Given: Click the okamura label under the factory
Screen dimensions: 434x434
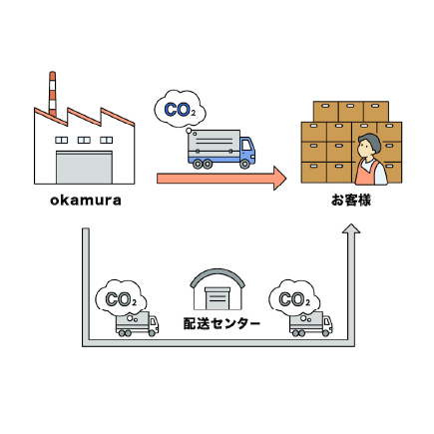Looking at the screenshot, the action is point(86,201).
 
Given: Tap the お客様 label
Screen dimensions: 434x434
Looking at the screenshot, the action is point(351,201).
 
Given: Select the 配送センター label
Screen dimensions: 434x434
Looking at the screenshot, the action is point(221,323).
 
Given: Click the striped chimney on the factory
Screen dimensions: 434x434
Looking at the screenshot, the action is point(52,94).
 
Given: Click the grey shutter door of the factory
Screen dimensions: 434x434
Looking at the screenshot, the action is point(84,168).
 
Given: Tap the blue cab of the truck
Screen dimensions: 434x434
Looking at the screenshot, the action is point(247,151).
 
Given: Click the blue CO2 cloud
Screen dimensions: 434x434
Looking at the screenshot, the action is point(180,109).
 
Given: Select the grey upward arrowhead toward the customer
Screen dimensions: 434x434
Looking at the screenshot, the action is point(351,228).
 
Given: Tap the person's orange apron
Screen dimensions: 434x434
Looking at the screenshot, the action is point(366,173).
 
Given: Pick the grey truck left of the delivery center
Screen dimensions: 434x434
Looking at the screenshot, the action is point(137,324).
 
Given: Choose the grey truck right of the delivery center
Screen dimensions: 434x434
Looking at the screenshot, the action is point(311,324).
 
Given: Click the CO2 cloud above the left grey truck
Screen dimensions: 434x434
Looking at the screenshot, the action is point(121,298).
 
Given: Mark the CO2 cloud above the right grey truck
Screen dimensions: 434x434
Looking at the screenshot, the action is point(294,298).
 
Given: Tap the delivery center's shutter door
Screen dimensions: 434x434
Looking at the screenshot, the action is point(217,298).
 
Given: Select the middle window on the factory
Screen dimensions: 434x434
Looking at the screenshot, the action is point(84,140).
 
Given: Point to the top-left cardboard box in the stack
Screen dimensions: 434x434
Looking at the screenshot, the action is point(326,111).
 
